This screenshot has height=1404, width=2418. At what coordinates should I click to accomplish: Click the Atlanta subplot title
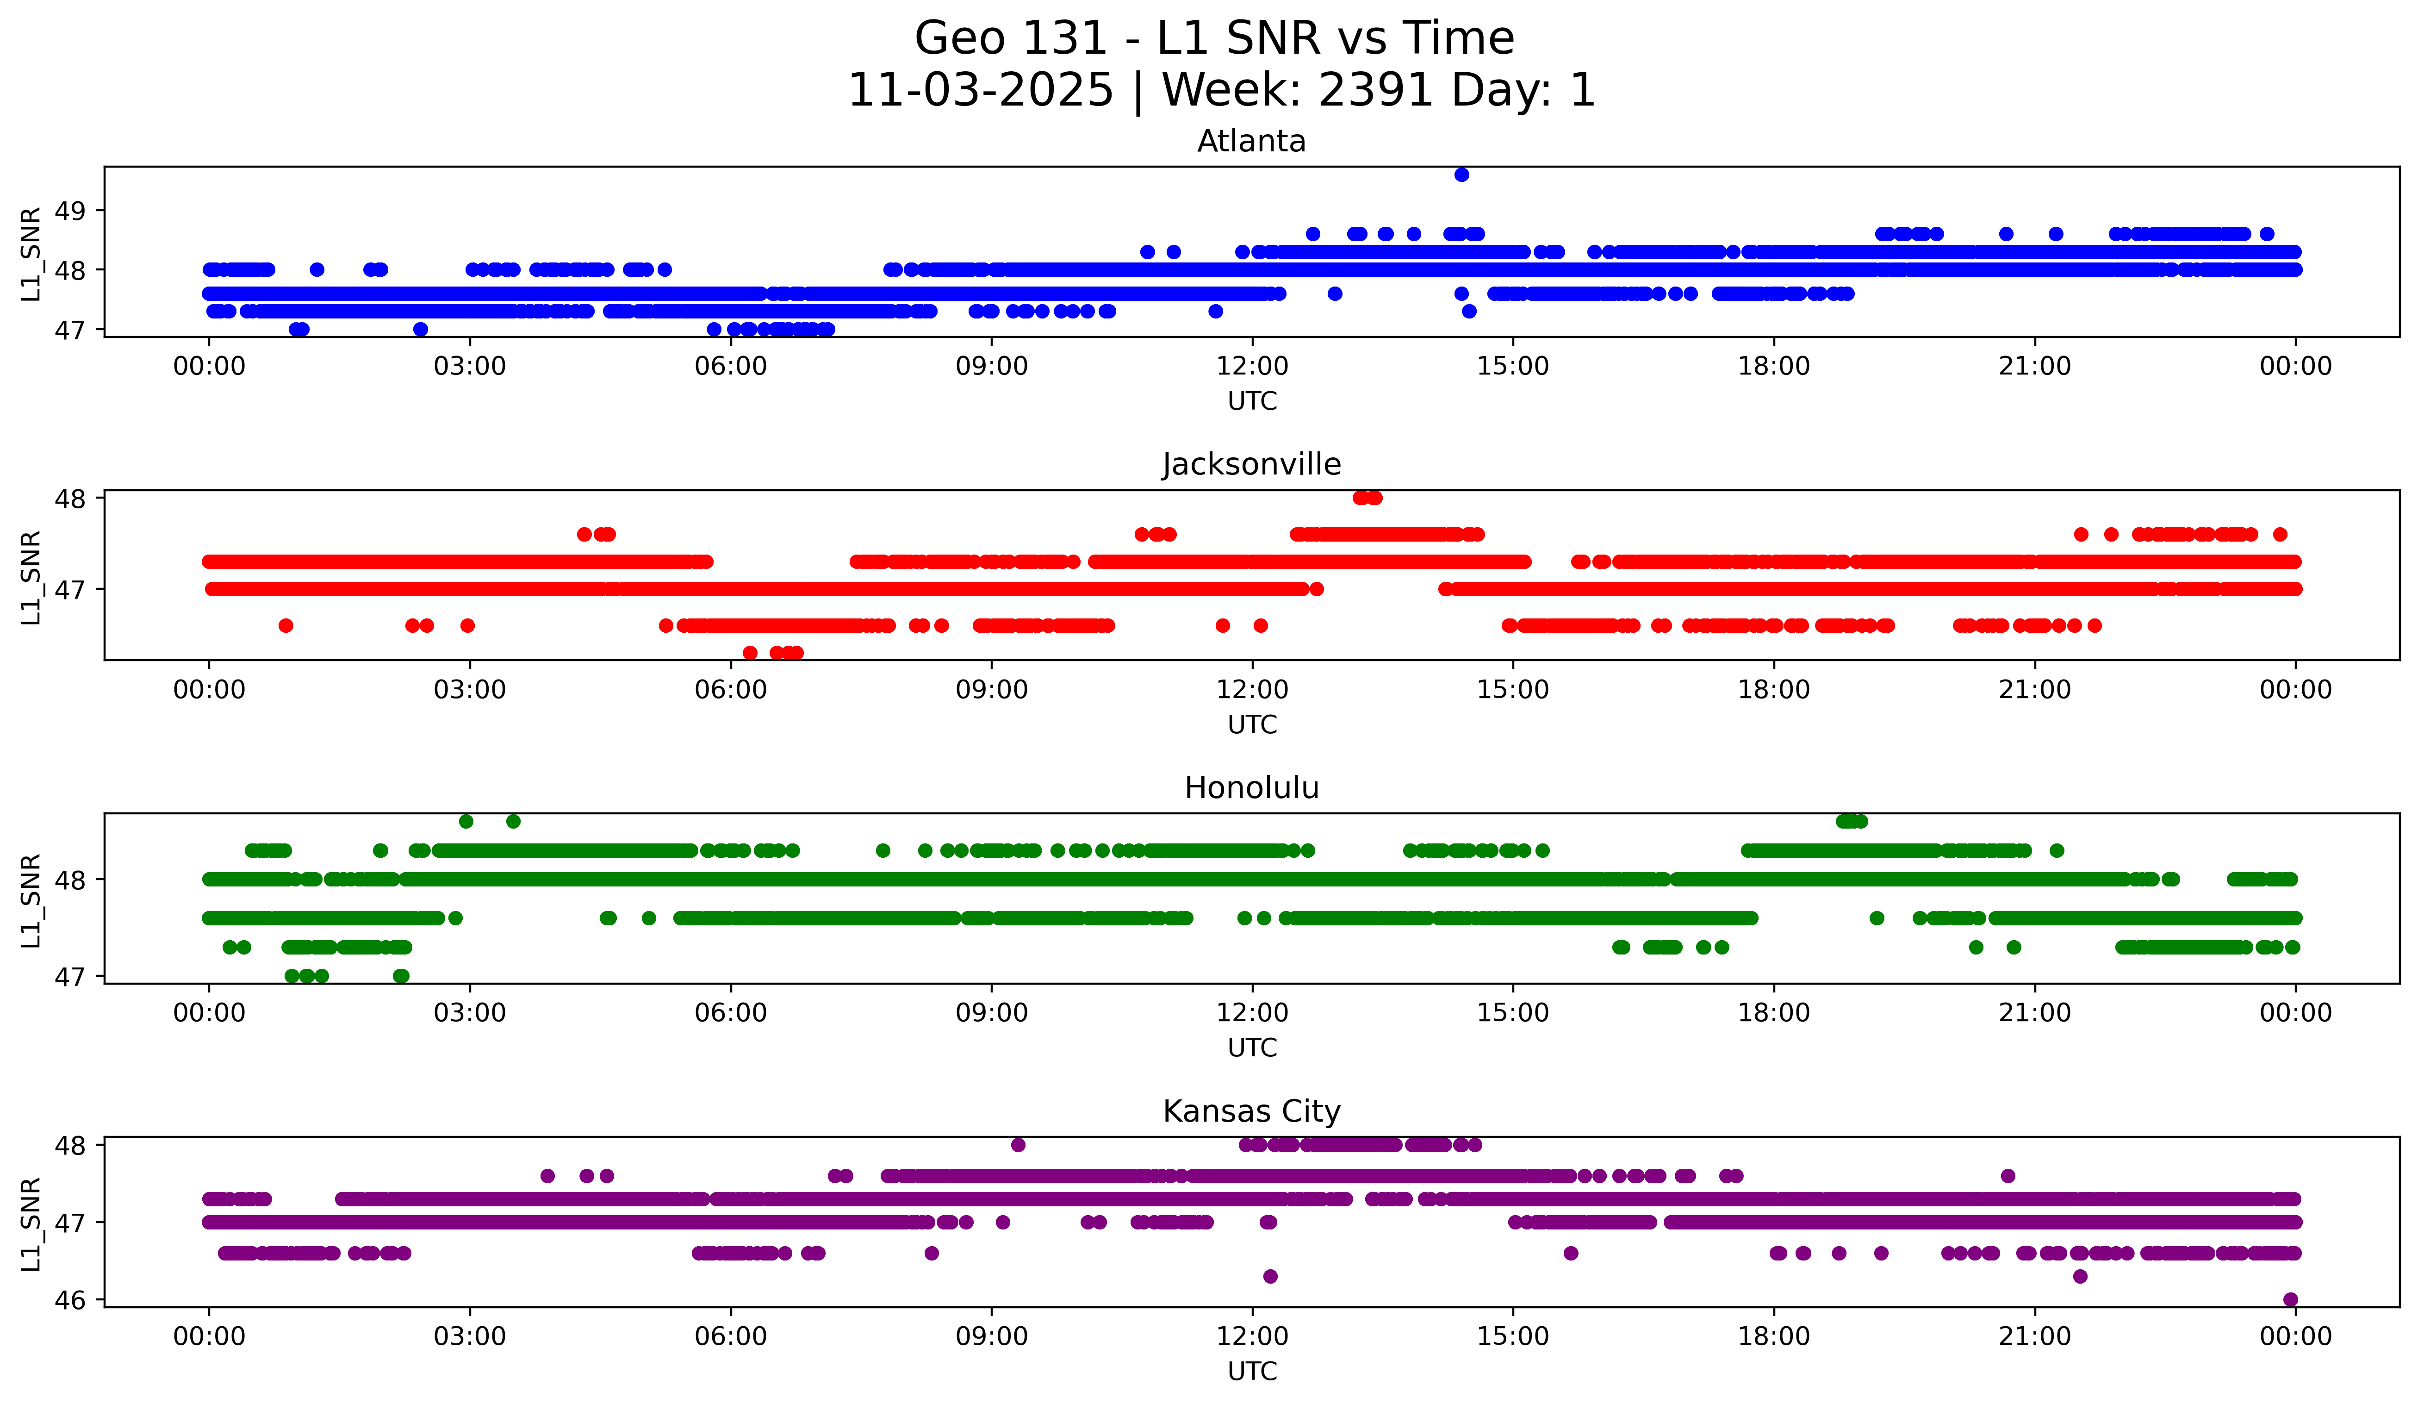[x=1251, y=141]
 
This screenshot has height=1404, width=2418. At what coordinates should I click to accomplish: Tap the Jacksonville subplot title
[x=1251, y=464]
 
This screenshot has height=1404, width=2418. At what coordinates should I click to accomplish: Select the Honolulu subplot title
[x=1251, y=788]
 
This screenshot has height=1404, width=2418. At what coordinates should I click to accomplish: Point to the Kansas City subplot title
[x=1251, y=1111]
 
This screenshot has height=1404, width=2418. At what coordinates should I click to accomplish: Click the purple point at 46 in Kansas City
[x=2290, y=1299]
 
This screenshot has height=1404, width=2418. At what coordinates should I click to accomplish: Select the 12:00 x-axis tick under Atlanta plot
[x=1252, y=367]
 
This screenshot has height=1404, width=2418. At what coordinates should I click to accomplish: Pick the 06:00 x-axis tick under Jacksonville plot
[x=730, y=690]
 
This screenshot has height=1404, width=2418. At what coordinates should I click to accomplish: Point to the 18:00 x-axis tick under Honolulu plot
[x=1773, y=1013]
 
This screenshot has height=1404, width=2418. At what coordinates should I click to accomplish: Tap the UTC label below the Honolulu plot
[x=1252, y=1048]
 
